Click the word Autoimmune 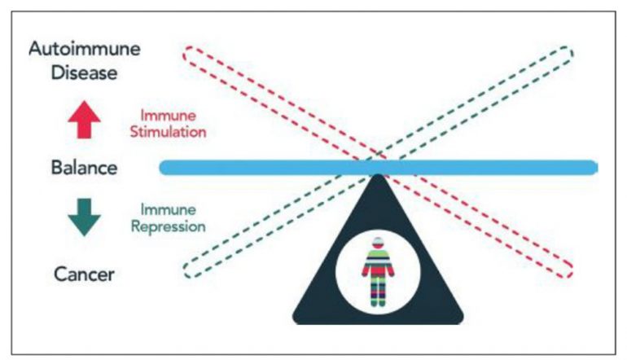[x=84, y=48]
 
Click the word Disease [x=84, y=73]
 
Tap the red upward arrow [x=84, y=121]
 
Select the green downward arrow [x=84, y=216]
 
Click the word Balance [x=84, y=169]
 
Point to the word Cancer [x=84, y=273]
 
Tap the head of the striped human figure [x=376, y=242]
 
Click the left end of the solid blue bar [x=164, y=168]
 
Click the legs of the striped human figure [x=376, y=292]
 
